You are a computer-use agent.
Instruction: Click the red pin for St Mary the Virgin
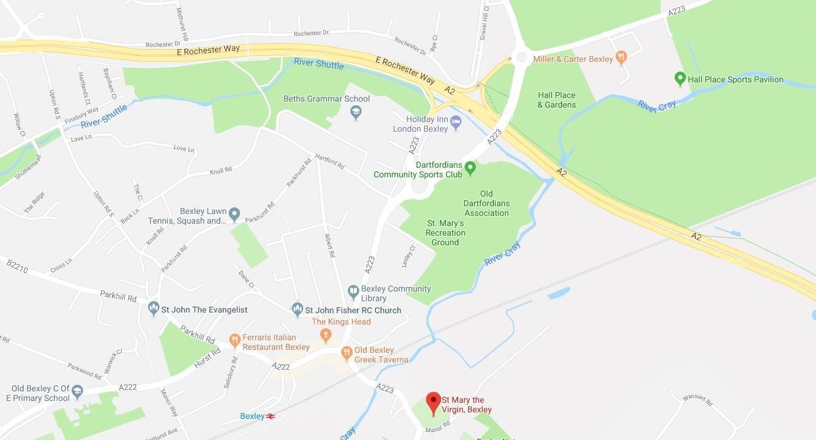click(433, 402)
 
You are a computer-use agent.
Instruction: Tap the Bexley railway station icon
click(271, 416)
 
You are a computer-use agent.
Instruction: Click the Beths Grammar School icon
click(356, 112)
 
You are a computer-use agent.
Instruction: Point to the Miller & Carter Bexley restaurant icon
click(622, 58)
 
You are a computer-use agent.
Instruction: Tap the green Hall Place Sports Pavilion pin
click(680, 79)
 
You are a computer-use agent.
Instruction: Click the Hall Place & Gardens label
click(557, 100)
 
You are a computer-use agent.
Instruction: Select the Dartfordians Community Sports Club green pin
click(471, 168)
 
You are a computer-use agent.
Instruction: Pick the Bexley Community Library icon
click(353, 292)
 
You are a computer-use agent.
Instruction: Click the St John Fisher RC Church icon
click(297, 310)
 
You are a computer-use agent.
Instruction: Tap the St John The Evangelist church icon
click(153, 309)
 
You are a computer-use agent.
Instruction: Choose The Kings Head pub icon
click(326, 335)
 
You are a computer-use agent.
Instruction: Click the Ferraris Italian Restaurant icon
click(235, 341)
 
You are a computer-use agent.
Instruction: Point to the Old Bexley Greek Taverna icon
click(346, 353)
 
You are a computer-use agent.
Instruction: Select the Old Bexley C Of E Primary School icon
click(77, 392)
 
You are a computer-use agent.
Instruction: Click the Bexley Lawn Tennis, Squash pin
click(235, 214)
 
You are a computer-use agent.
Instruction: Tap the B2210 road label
click(17, 267)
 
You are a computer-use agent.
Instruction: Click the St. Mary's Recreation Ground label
click(445, 233)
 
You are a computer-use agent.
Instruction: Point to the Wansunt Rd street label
click(697, 399)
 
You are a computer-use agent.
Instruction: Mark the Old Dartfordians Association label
click(486, 203)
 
